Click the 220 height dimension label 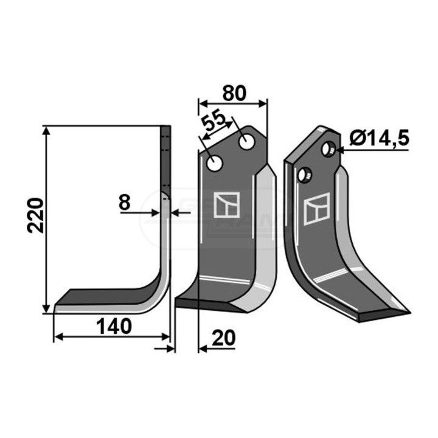pos(36,215)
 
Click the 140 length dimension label pos(114,327)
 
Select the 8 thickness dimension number pos(125,203)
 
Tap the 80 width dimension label pos(234,93)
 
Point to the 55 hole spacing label pos(214,122)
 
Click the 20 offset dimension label pos(224,338)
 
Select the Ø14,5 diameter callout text pos(380,138)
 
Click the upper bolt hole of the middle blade pos(247,142)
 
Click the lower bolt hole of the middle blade pos(215,164)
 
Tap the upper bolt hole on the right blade pos(328,149)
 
